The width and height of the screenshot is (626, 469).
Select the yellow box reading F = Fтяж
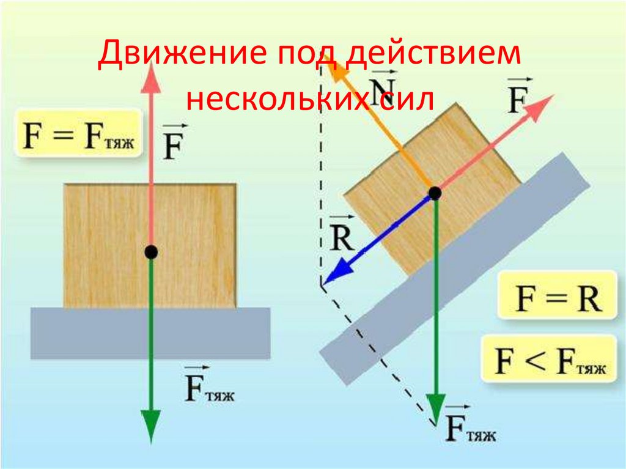(76, 133)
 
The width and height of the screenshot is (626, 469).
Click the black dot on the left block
(150, 251)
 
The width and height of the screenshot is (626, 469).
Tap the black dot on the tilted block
(435, 194)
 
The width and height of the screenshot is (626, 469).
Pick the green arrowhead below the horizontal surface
(150, 425)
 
